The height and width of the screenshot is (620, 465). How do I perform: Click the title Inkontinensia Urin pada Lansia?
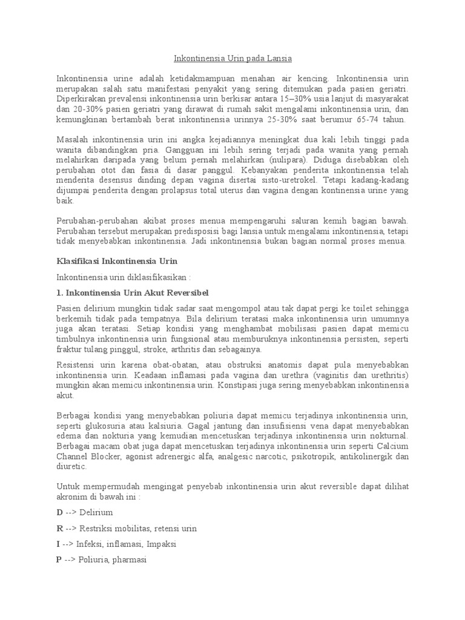232,59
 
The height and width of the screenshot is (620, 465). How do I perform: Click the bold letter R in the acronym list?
59,529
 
